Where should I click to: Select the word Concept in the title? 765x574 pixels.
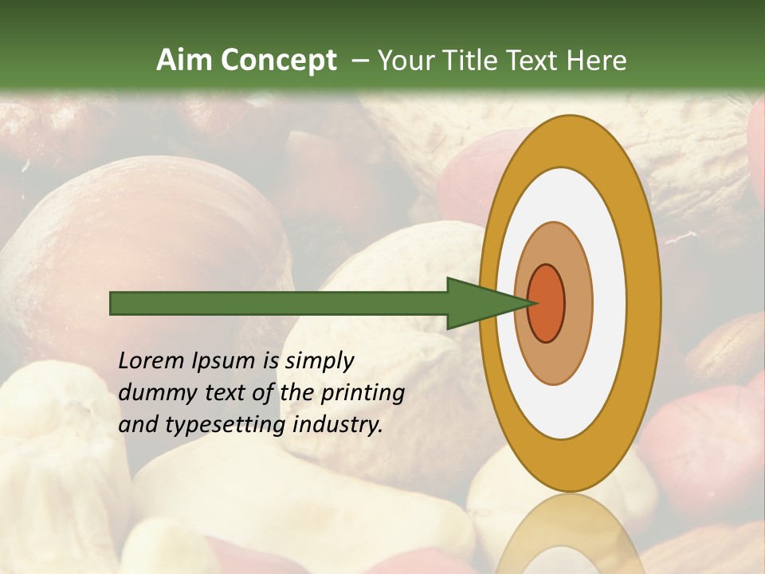pyautogui.click(x=278, y=61)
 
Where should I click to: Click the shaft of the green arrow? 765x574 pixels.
pyautogui.click(x=279, y=304)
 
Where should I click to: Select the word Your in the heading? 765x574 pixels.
pyautogui.click(x=403, y=61)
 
